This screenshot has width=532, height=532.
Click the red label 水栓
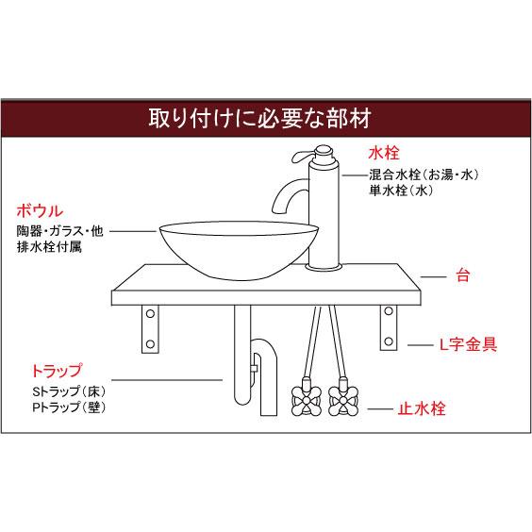tap(384, 153)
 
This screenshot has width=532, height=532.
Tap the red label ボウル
tap(40, 211)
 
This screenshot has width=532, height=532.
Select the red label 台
tap(463, 275)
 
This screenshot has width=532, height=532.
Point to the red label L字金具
tap(468, 344)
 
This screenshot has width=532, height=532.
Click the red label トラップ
tap(57, 370)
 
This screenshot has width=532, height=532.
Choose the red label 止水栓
tap(422, 408)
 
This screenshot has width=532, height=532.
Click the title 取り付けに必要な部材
tap(260, 119)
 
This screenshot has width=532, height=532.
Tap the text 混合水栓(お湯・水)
tap(424, 175)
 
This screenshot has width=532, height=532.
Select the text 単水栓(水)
tap(401, 191)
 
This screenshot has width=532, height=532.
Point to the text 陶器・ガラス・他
tap(60, 231)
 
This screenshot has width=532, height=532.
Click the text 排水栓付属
tap(49, 246)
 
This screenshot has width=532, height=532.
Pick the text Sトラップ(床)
tap(69, 391)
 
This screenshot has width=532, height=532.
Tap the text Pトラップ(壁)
tap(69, 407)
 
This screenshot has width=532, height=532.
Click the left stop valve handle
tap(307, 402)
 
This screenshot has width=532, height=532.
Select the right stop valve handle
tap(343, 402)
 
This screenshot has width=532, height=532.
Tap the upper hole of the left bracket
tap(150, 314)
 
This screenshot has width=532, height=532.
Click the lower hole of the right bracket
tap(389, 341)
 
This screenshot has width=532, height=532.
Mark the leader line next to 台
tap(433, 277)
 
